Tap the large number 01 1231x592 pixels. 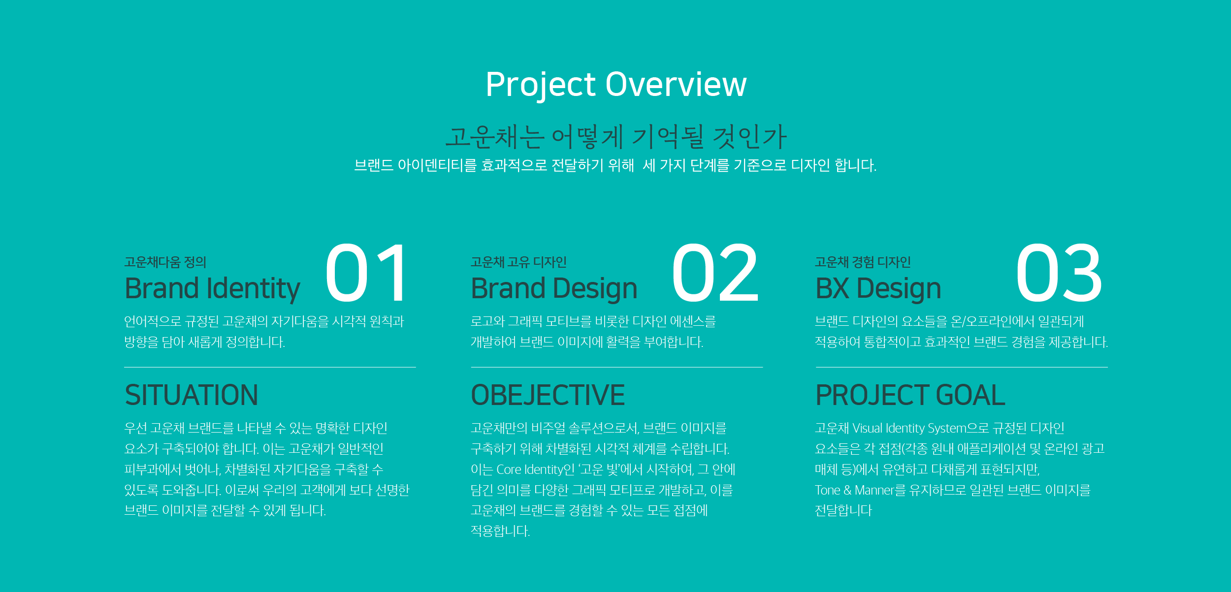pos(366,273)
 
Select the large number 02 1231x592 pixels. pos(715,273)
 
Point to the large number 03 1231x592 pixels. pos(1059,273)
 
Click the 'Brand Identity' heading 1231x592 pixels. pos(212,289)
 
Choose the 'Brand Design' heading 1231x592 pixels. pos(554,288)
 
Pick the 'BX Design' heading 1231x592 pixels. pos(878,288)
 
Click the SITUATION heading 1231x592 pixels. pos(192,395)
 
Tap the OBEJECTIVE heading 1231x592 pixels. pos(548,395)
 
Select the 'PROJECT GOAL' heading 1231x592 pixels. pos(910,395)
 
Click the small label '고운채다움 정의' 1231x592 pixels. pos(165,262)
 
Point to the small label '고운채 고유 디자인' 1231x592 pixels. pos(518,262)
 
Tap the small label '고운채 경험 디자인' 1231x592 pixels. pos(863,262)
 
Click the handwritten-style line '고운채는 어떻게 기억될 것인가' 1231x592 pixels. pos(616,137)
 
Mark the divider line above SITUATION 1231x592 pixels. pos(270,367)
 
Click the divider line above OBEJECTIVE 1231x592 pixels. pos(617,367)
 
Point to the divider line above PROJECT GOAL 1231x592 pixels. pos(962,367)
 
